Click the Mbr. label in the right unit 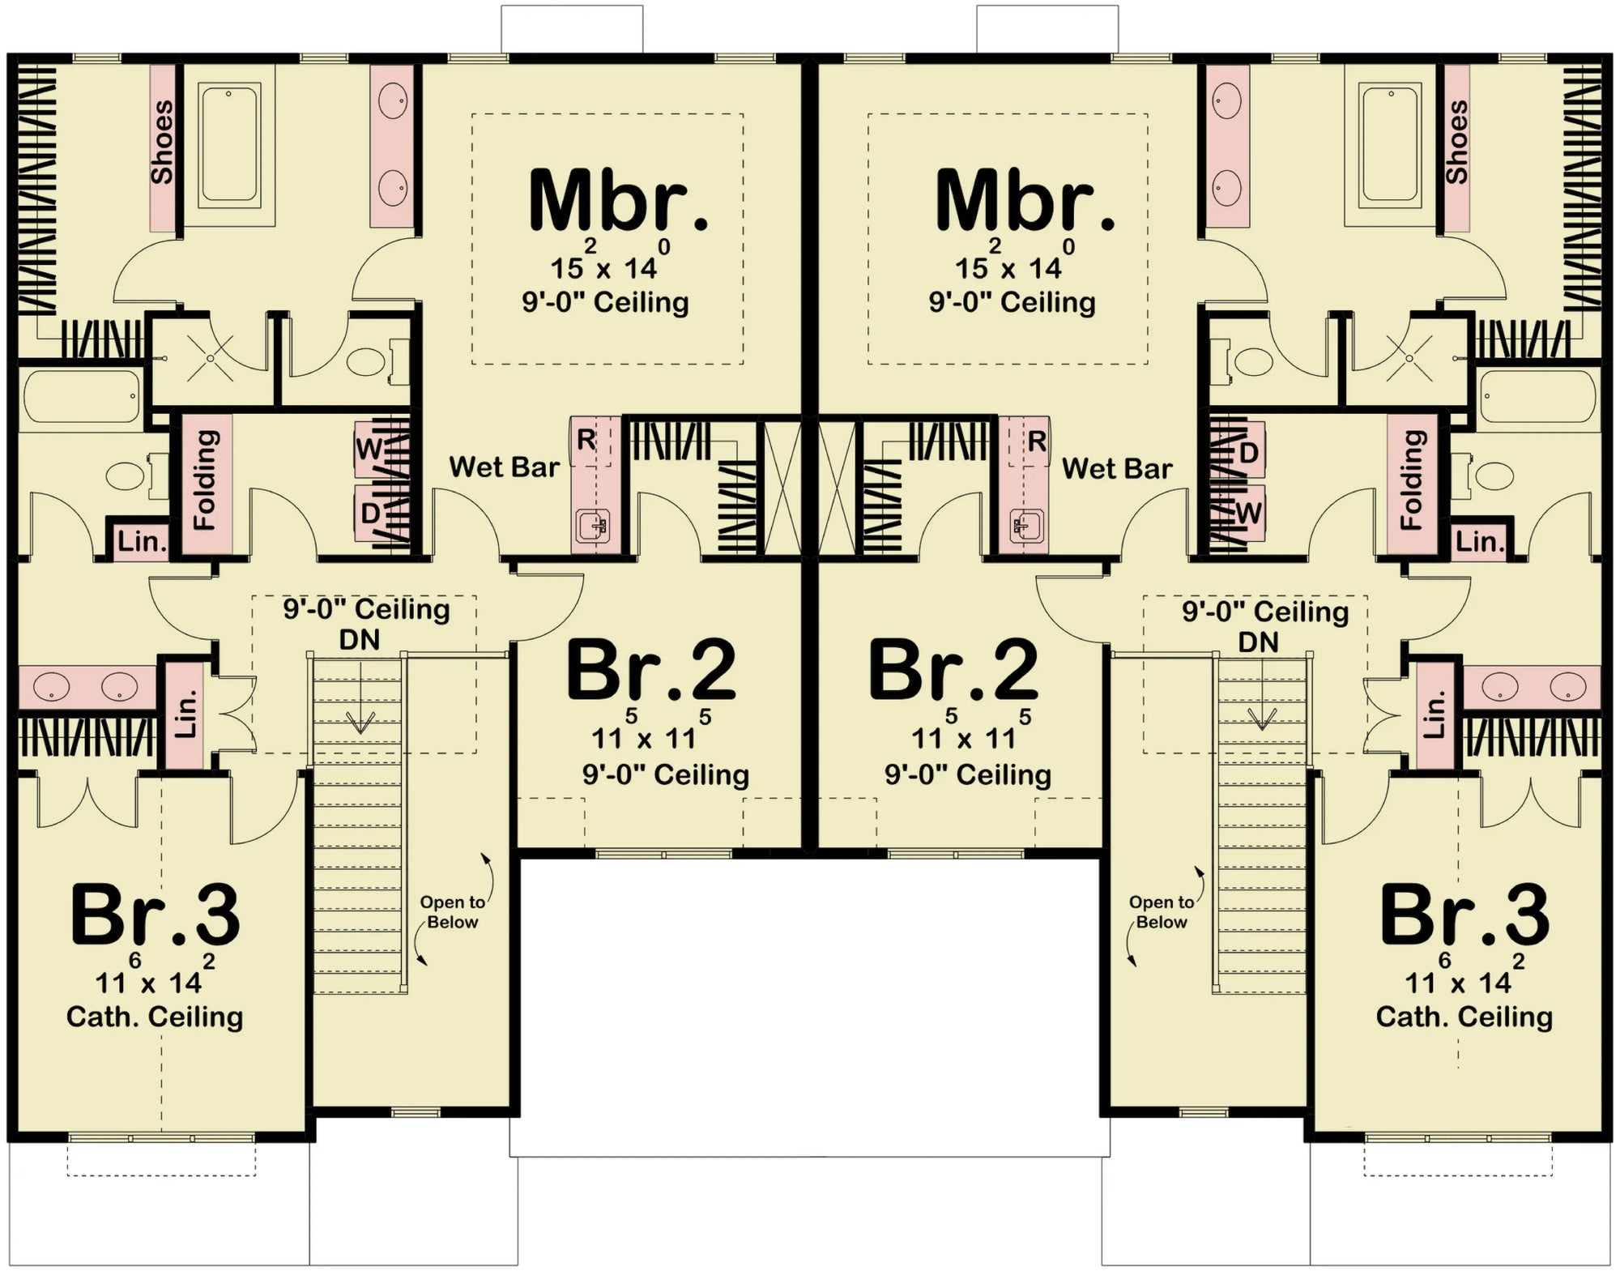(1025, 201)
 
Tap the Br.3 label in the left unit (156, 915)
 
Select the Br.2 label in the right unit (953, 671)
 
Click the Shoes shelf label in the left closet (162, 142)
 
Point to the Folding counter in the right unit (1412, 480)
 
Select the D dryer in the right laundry (1248, 453)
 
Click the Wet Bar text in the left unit (504, 467)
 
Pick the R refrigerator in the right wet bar (1036, 442)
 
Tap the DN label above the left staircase (359, 640)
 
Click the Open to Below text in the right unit (1161, 912)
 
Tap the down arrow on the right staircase (1261, 717)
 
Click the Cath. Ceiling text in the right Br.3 (1464, 1017)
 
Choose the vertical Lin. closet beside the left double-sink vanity (185, 714)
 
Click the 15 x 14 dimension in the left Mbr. (603, 268)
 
